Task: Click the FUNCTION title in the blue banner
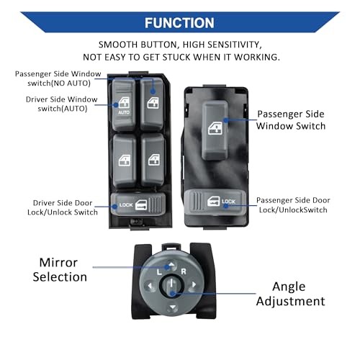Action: (179, 23)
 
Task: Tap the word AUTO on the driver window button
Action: (124, 112)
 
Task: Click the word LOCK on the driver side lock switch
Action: (126, 204)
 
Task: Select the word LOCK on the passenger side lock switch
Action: (228, 202)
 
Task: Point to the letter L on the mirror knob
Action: (159, 272)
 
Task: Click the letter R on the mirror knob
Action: (184, 271)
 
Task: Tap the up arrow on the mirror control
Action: (171, 264)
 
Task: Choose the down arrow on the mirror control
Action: (173, 307)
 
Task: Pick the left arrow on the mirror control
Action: (150, 286)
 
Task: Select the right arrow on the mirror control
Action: (194, 284)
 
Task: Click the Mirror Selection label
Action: (60, 270)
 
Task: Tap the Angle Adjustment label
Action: (290, 294)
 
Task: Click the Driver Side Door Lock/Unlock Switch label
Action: (63, 207)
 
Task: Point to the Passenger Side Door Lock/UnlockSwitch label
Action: (293, 205)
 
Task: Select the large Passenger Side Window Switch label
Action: (291, 120)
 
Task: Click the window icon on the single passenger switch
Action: (215, 128)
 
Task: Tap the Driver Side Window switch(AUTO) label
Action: (62, 104)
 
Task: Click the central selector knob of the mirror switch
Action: (171, 285)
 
